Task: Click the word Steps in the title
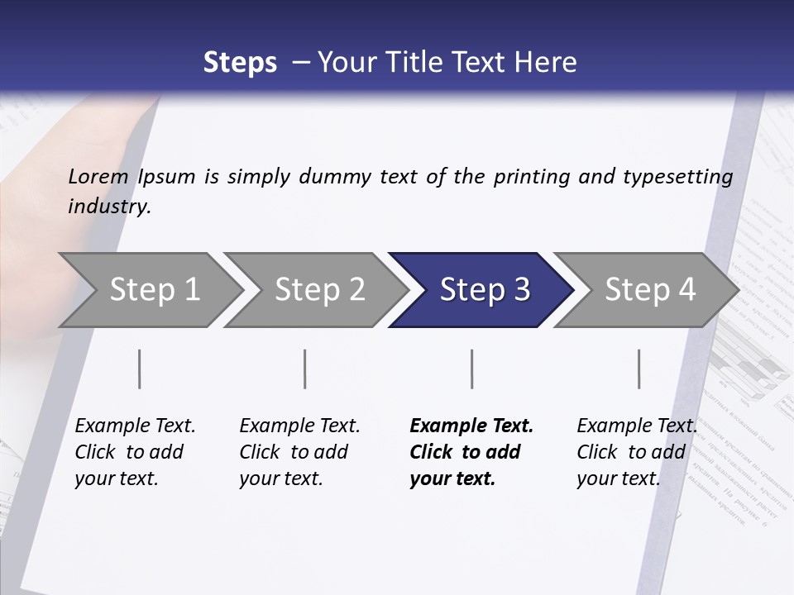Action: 240,63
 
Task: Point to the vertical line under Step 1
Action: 140,369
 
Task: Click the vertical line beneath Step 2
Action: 305,369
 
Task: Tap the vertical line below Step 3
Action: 471,369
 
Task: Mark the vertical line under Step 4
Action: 639,369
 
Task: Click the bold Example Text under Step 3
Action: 471,426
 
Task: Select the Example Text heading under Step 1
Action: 135,426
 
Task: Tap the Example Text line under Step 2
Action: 299,426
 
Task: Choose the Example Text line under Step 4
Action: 637,426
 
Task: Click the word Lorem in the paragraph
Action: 98,177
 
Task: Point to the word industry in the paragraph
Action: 108,207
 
